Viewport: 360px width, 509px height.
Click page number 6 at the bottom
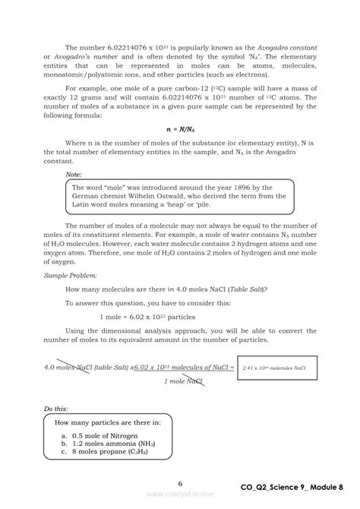[x=180, y=483]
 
